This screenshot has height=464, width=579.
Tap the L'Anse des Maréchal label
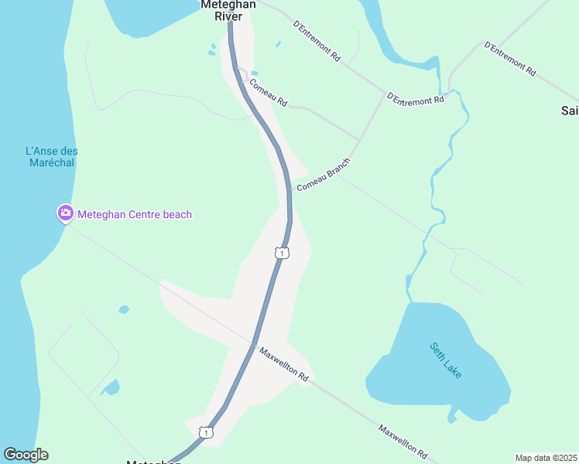coord(52,157)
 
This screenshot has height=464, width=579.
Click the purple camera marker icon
coord(66,213)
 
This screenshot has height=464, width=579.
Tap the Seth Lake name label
coord(446,360)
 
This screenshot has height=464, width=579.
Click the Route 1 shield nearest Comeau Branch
coord(282,253)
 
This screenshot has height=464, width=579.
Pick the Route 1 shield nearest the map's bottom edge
coord(205,432)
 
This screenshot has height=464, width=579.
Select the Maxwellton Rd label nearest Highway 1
coord(284,365)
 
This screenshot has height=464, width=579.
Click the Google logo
coord(26,455)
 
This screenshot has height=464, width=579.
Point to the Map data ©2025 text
coord(546,457)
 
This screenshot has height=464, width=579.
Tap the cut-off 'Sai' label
coord(570,111)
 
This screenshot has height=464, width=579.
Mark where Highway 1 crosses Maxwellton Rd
coord(253,344)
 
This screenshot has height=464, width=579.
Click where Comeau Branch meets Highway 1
coord(289,189)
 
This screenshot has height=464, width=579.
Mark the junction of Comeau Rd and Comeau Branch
coord(358,140)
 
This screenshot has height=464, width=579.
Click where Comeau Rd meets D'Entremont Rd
coord(385,94)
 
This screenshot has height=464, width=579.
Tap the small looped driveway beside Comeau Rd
coord(242,75)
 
